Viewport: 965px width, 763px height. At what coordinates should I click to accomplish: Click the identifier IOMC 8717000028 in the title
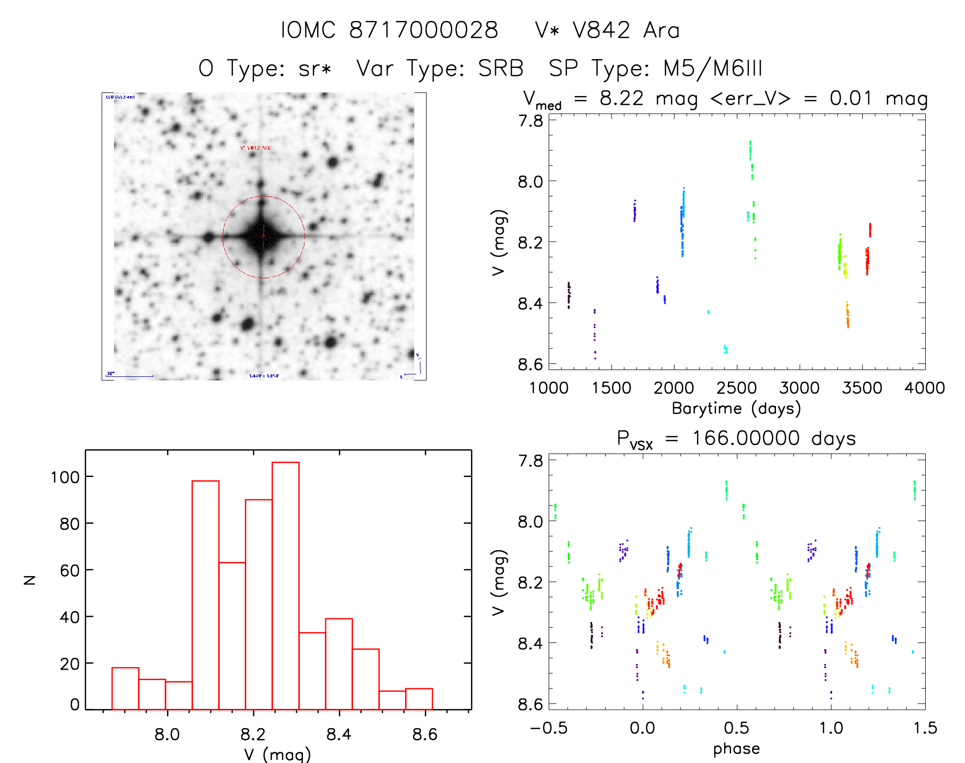pos(389,30)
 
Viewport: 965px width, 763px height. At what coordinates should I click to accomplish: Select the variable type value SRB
pos(501,68)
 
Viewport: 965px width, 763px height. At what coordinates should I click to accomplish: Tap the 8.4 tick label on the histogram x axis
pos(339,734)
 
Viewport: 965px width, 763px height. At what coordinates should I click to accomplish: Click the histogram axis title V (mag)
pos(277,754)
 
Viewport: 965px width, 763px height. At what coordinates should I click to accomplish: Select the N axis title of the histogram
pos(30,580)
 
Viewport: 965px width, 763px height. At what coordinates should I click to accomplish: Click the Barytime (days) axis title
pos(736,409)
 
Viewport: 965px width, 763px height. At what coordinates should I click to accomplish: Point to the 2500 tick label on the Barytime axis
pos(737,388)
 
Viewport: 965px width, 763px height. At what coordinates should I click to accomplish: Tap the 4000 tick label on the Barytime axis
pos(924,388)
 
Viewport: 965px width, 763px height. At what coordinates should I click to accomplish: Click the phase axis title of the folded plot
pos(736,749)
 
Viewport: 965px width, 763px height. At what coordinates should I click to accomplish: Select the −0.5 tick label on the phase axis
pos(549,728)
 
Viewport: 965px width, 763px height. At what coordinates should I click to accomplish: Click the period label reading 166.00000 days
pos(773,438)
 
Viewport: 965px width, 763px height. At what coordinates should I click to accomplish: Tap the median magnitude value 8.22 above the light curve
pos(621,98)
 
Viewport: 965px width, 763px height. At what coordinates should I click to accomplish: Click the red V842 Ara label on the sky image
pos(255,148)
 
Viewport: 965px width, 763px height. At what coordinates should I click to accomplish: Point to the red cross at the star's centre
pos(263,235)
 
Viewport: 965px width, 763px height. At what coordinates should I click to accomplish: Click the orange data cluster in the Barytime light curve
pos(847,315)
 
